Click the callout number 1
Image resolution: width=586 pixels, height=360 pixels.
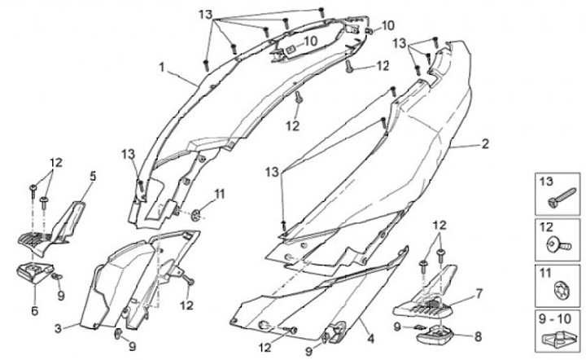161,66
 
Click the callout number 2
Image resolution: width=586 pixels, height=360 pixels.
484,145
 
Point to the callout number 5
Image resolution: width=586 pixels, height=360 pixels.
92,175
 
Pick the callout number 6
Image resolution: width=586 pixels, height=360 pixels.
34,310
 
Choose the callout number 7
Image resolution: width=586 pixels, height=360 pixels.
479,292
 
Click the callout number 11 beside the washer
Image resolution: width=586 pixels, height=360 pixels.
219,192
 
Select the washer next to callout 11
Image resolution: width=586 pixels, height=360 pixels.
198,215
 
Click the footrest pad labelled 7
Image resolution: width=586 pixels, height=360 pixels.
423,306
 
